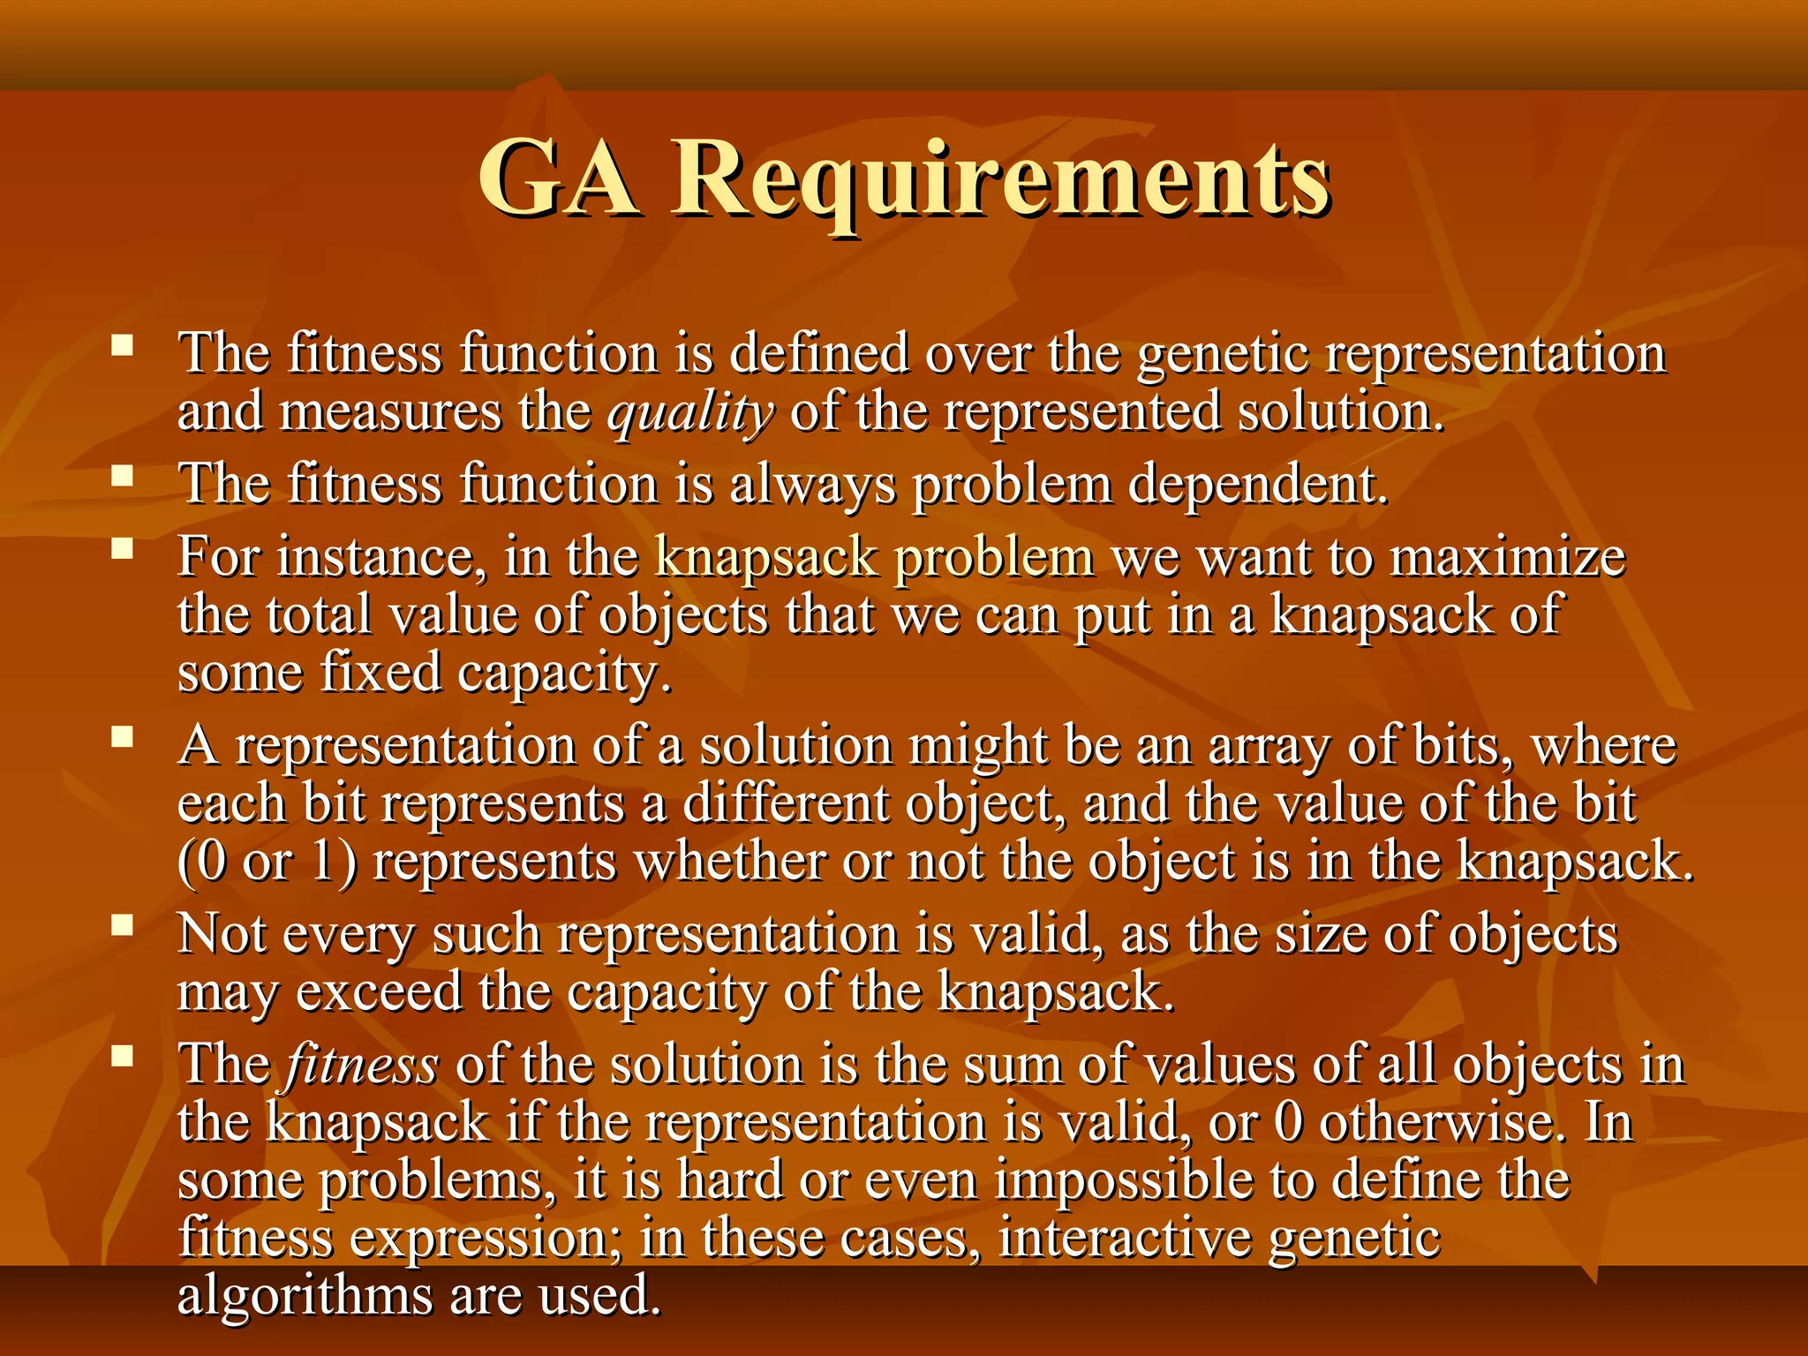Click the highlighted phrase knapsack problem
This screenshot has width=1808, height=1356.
(874, 558)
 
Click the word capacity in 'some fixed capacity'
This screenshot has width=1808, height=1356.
(564, 674)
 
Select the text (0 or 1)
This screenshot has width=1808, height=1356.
(267, 863)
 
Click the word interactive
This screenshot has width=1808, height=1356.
(1125, 1238)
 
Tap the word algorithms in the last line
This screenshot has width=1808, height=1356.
(305, 1296)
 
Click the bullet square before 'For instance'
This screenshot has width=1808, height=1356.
(123, 549)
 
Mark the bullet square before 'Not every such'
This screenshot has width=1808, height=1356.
(123, 924)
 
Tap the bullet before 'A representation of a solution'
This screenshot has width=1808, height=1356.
(123, 736)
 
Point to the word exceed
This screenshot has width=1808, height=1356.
(379, 992)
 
